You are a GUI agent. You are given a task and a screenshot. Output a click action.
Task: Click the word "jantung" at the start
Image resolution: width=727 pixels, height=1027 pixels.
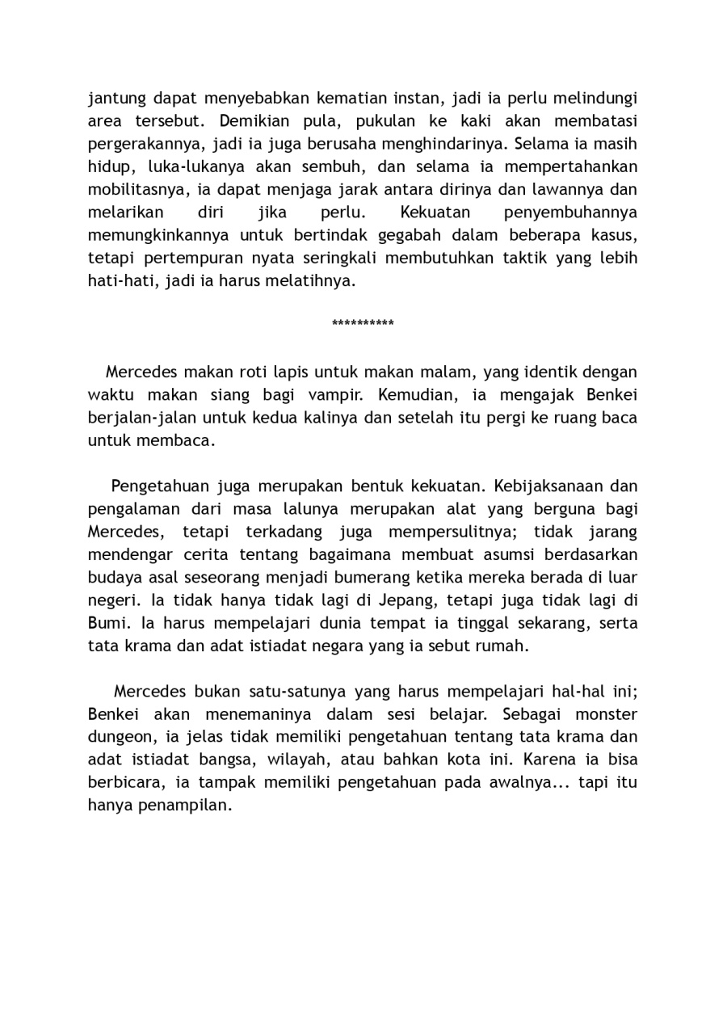[117, 99]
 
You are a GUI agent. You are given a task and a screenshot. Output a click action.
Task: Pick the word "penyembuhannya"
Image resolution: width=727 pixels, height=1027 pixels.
[570, 213]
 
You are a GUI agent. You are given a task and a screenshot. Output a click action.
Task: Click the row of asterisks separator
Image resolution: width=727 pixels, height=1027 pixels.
[363, 325]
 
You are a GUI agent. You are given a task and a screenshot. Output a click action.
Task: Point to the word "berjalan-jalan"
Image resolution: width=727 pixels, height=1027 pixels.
[140, 418]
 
